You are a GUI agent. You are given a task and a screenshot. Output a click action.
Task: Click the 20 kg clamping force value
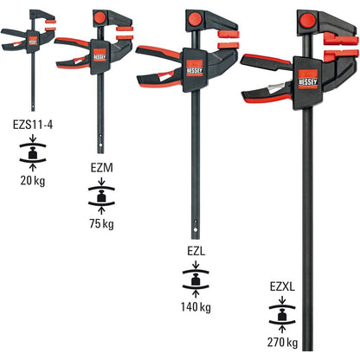coord(31,180)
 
